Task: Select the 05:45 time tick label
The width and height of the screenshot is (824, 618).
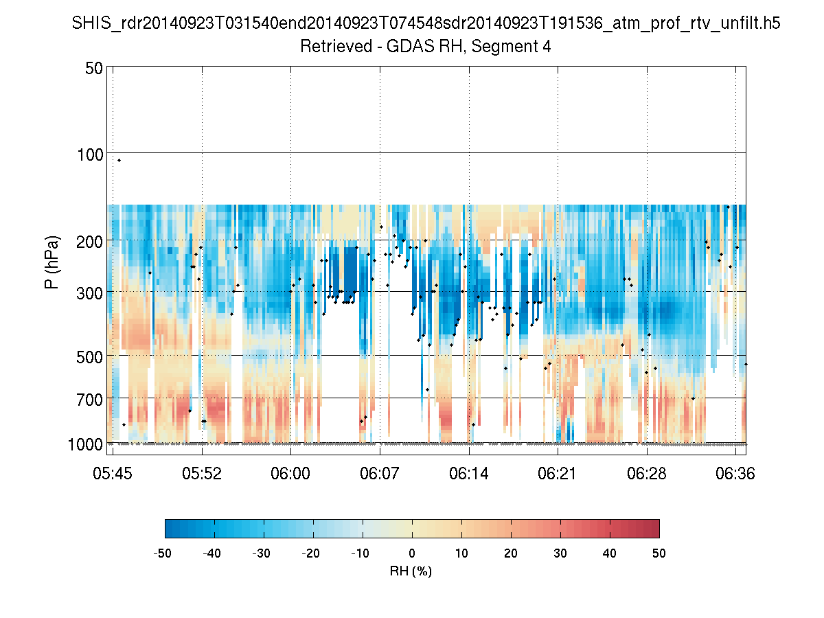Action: click(113, 473)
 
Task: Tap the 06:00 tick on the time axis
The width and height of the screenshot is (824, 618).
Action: click(290, 473)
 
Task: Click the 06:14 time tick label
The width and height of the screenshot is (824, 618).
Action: click(469, 473)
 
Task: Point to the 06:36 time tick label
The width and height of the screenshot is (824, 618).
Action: click(735, 473)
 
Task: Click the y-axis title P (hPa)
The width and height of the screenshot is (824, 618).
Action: click(52, 262)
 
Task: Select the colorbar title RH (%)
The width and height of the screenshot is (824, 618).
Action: click(411, 571)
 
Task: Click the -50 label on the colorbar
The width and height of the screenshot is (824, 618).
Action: click(163, 553)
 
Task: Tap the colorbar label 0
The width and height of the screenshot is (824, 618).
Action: click(412, 553)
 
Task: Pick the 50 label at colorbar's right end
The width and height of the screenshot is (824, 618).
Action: click(659, 553)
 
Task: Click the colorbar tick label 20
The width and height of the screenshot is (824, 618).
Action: click(511, 553)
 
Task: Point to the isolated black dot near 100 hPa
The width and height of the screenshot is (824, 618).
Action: click(119, 160)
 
